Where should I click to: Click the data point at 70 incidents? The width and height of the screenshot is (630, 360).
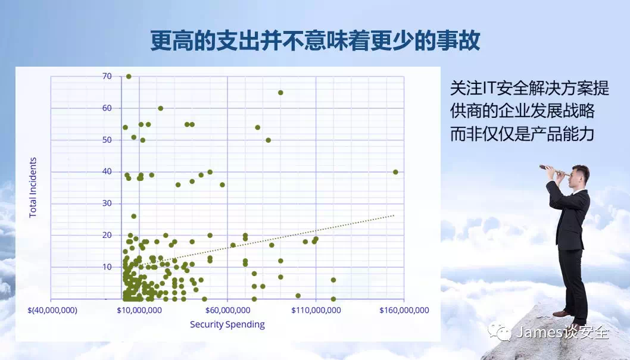[129, 76]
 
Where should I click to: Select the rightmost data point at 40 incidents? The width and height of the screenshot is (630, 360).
[395, 172]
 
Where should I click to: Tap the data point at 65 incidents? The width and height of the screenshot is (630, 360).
[280, 93]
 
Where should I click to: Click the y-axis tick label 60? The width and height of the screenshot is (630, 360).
[107, 108]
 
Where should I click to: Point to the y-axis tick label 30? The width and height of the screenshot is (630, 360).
[107, 203]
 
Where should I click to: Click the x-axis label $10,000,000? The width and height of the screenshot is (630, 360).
[139, 310]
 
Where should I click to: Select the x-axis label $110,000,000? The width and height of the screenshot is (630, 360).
[316, 310]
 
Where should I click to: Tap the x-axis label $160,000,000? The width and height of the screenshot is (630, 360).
[404, 310]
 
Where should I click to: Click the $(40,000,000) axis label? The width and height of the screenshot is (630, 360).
[52, 310]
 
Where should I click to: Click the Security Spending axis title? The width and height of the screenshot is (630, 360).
[227, 324]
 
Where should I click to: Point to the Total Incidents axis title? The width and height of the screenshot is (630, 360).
[33, 187]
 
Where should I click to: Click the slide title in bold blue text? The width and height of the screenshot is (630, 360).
[316, 41]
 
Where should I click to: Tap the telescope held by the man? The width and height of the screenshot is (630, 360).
[554, 170]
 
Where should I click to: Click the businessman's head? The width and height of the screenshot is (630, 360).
[580, 176]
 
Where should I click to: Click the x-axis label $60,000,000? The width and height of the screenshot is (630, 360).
[227, 310]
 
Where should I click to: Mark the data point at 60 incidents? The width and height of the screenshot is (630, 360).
[160, 108]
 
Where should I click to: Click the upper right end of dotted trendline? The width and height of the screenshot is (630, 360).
[394, 215]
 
